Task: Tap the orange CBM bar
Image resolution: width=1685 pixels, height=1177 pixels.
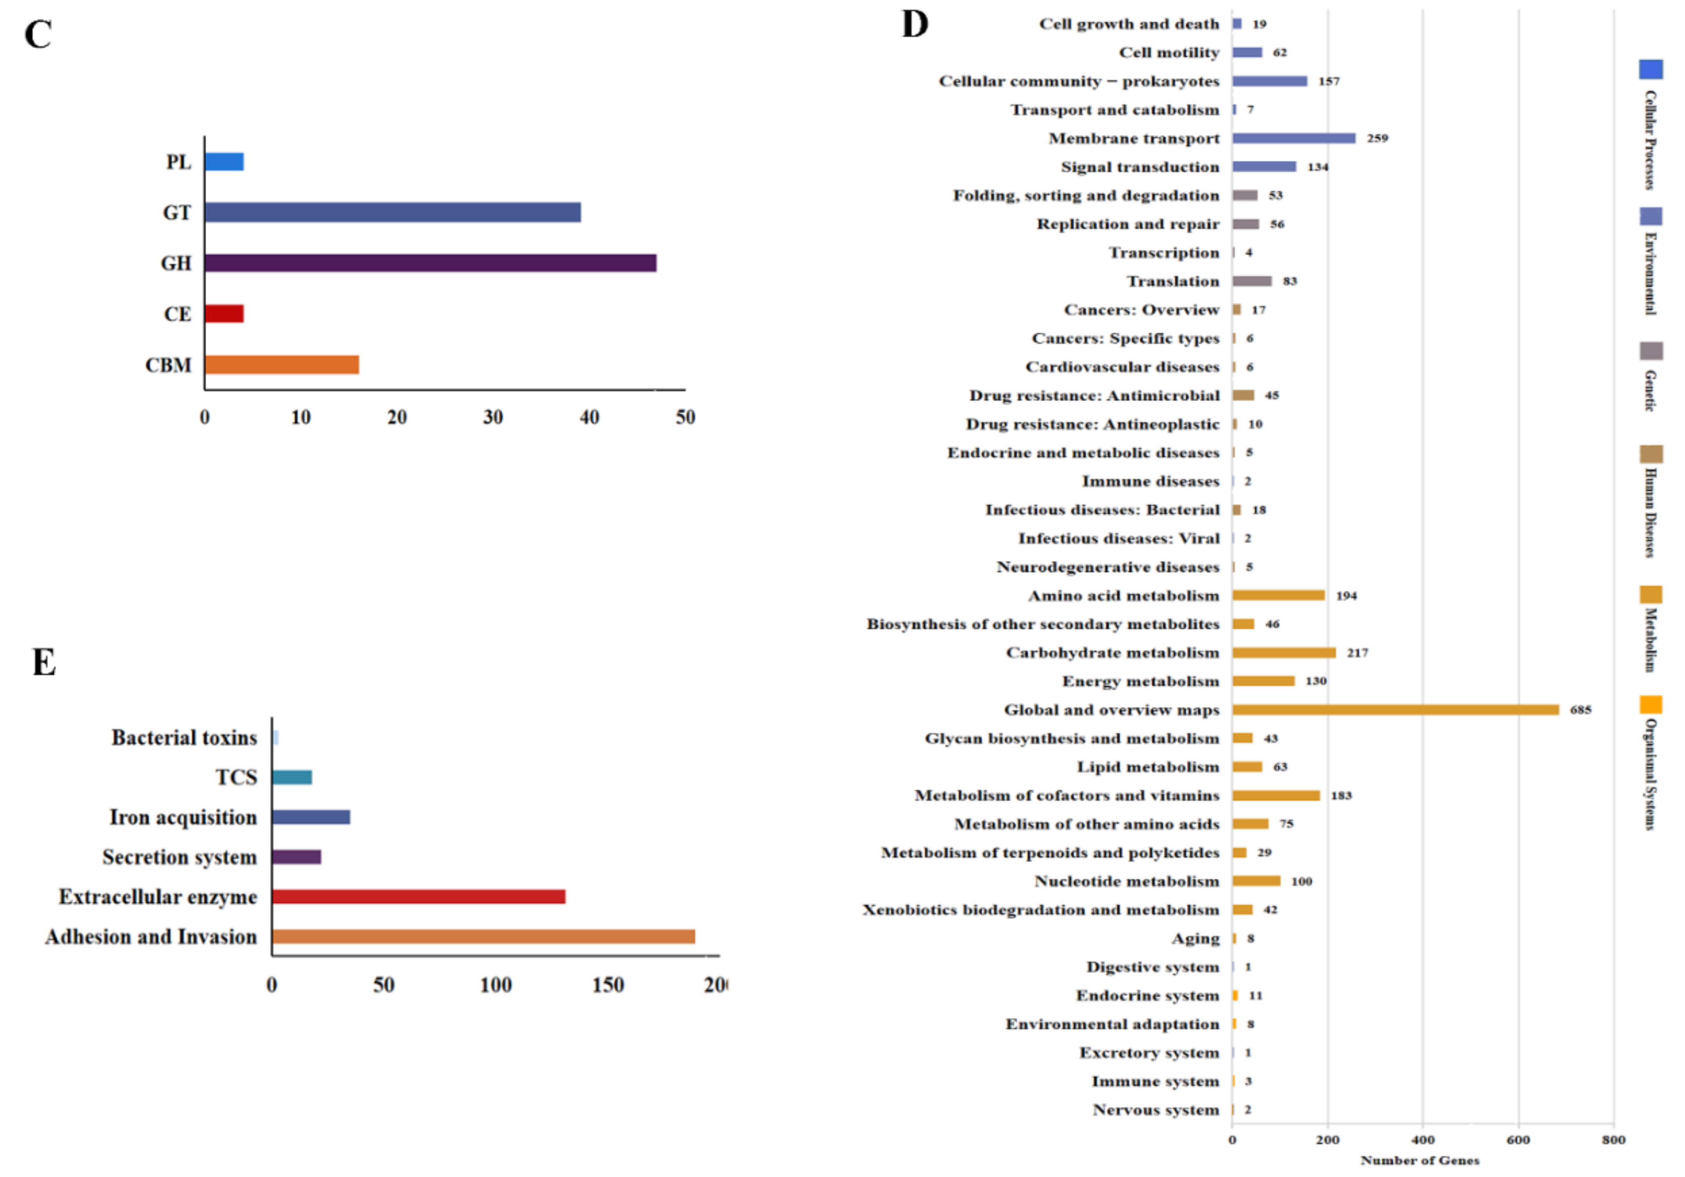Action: point(282,365)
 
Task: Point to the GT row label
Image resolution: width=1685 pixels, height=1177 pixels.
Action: point(177,213)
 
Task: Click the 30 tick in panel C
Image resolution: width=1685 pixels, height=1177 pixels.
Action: point(492,418)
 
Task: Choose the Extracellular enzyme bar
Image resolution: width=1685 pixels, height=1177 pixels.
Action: point(419,897)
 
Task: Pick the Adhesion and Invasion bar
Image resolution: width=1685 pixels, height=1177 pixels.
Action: point(483,936)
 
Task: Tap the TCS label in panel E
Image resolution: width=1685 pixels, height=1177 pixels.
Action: point(236,777)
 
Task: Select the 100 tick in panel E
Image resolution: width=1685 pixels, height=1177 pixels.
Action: point(495,985)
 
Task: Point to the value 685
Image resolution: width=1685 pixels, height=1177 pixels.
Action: point(1580,710)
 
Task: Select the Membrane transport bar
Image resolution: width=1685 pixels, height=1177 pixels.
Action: point(1294,138)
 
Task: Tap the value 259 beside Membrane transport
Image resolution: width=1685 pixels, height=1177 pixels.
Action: point(1377,138)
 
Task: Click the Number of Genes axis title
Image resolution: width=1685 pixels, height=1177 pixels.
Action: point(1419,1160)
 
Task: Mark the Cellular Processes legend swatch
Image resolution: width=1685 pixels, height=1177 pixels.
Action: point(1650,69)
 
